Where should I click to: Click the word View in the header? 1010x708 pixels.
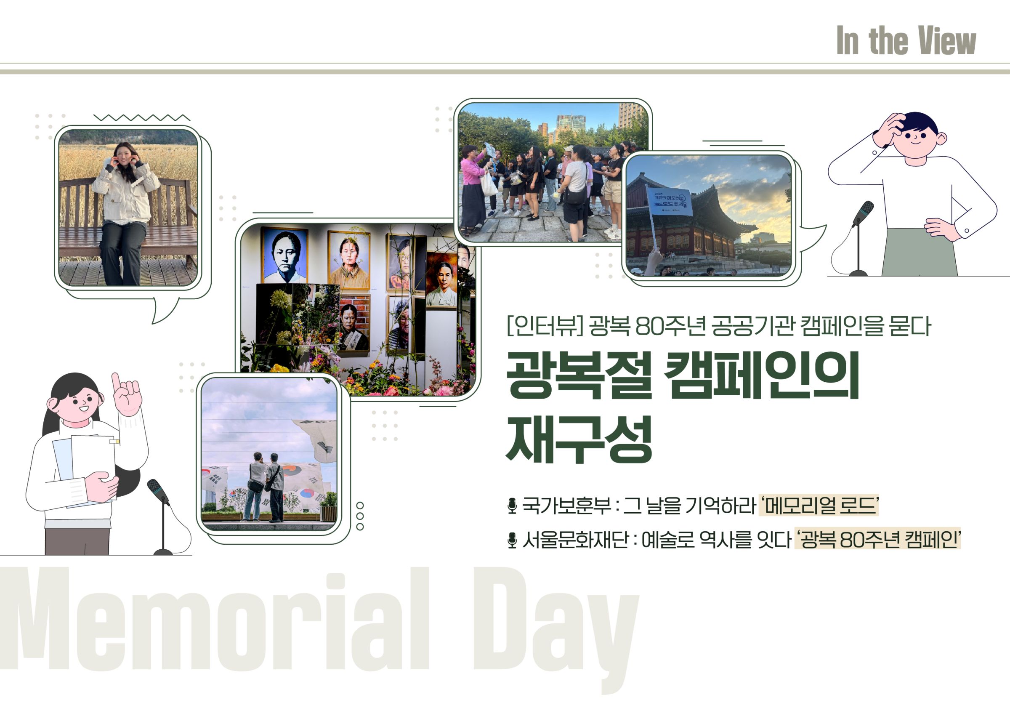(947, 40)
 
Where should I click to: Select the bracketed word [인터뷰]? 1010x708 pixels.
(545, 326)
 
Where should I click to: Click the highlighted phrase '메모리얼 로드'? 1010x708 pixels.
(819, 505)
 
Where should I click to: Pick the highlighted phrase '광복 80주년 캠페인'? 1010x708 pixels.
(877, 539)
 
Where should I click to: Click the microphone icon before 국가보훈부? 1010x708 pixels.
(512, 506)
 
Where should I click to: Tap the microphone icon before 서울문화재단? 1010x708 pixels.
(512, 540)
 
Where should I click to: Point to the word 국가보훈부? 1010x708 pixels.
(566, 505)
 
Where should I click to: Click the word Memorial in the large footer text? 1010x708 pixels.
(215, 620)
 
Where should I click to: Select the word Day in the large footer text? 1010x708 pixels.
(556, 629)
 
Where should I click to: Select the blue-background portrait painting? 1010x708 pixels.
(284, 255)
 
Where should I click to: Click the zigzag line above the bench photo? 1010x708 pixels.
(142, 117)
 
